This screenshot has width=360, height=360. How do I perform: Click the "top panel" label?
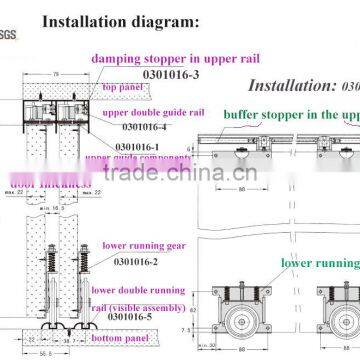[x=123, y=88]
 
